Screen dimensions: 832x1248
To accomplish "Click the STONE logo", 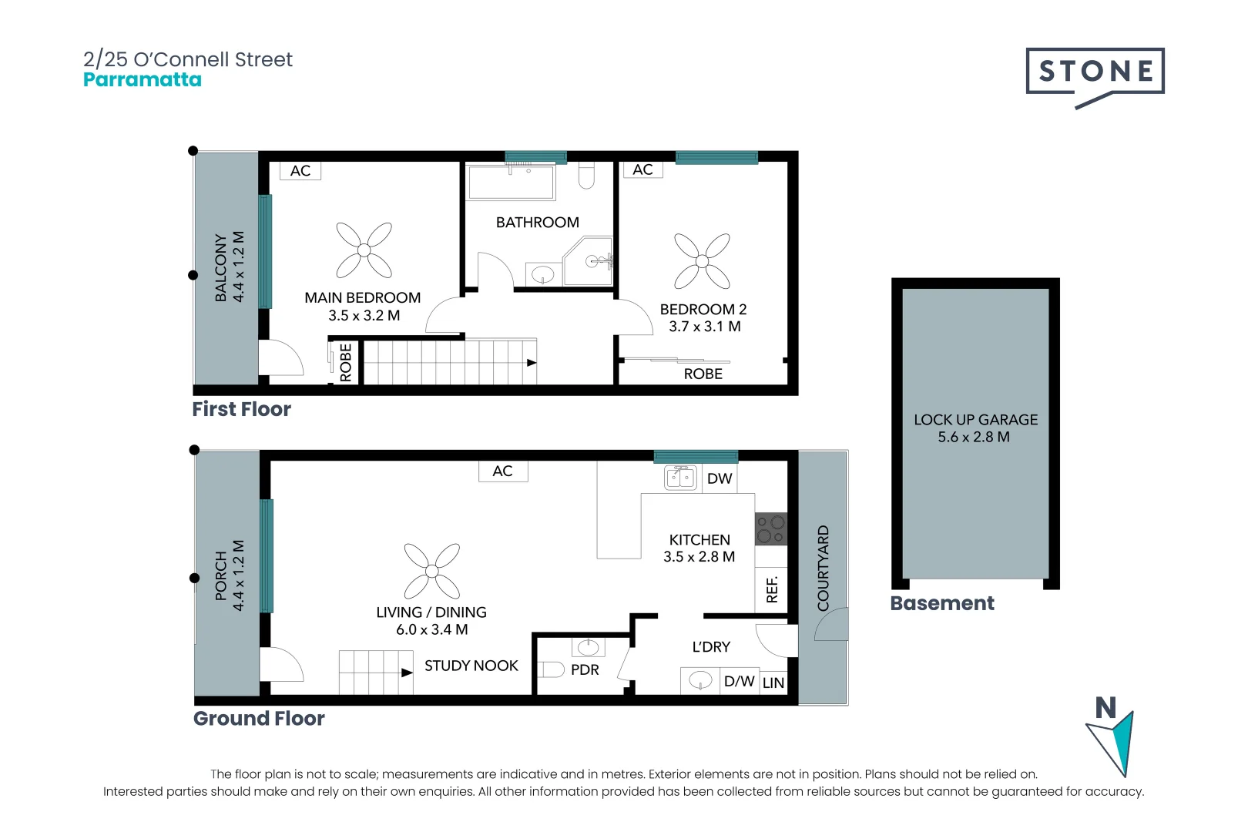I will (x=1095, y=72).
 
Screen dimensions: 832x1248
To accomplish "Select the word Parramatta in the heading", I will (x=143, y=80).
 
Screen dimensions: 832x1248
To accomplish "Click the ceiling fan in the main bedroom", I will (x=364, y=250).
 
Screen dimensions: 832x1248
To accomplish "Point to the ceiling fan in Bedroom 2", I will (x=702, y=261).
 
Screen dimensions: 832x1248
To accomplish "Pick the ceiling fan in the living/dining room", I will (x=432, y=571).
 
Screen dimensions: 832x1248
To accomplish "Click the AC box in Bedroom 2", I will (x=643, y=170).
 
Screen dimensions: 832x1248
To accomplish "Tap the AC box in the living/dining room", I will (x=502, y=471).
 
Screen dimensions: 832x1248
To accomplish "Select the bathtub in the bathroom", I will (x=512, y=183).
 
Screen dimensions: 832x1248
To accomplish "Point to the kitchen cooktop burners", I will (x=770, y=529).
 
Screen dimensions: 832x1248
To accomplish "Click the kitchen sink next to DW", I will (x=680, y=478).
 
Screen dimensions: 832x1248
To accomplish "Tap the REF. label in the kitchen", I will (x=772, y=589).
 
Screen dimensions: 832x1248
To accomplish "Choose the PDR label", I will (x=585, y=670).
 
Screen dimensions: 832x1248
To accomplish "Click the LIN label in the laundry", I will (x=773, y=683).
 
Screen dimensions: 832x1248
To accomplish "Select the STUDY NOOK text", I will (x=471, y=666).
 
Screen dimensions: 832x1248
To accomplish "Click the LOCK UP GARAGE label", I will (x=975, y=420).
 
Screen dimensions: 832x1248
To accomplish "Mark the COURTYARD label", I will (x=824, y=568).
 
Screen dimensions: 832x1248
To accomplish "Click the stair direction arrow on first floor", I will (x=532, y=363).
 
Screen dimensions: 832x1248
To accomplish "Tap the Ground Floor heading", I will (x=259, y=719).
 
